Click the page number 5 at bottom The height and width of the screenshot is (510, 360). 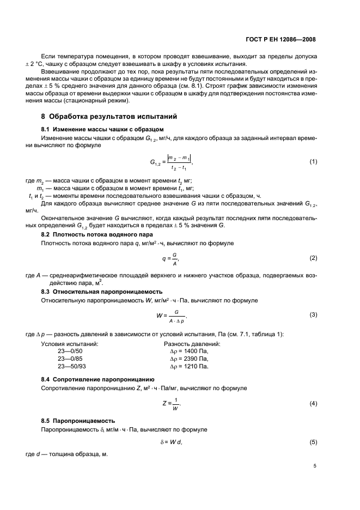(315, 466)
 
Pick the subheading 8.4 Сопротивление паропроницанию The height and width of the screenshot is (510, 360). (97, 379)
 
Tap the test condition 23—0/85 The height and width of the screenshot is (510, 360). (70, 359)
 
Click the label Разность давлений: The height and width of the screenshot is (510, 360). (192, 344)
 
